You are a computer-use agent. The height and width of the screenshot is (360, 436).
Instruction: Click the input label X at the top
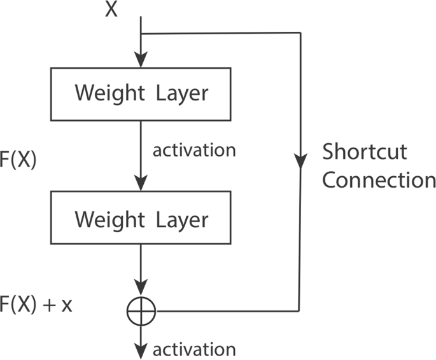(112, 10)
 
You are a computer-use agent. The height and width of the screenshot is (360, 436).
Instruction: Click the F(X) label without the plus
(18, 160)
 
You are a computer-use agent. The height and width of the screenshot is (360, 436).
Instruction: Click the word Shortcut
(364, 153)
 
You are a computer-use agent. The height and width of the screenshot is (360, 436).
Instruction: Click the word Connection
(378, 181)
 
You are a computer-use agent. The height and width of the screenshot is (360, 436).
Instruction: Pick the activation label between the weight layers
(194, 151)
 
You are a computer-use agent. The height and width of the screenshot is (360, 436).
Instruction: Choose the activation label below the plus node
(194, 349)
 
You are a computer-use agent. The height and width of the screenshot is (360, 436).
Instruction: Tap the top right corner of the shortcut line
(299, 33)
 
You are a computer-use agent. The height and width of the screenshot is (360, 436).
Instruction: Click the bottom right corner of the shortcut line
(299, 310)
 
